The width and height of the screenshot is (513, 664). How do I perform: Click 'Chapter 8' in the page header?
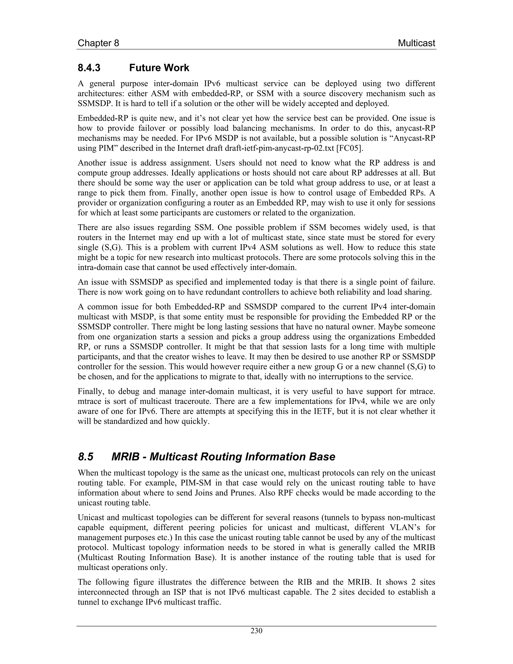[98, 43]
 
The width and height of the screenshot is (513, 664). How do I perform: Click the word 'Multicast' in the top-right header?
[416, 43]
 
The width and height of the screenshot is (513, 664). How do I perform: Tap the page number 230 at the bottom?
[256, 631]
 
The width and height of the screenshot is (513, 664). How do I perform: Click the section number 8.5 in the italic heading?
[86, 457]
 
